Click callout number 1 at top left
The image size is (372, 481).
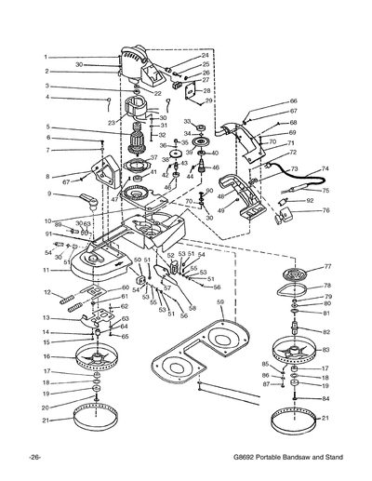tap(45, 58)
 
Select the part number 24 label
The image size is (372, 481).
tap(206, 55)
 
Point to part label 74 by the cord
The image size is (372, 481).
tap(325, 168)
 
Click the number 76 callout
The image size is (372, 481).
tap(325, 210)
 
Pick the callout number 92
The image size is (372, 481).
tap(310, 200)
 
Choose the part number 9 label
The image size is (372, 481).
tap(45, 194)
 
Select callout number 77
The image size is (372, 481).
tap(326, 266)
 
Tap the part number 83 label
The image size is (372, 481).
tap(326, 349)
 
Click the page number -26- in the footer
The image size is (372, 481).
tap(33, 459)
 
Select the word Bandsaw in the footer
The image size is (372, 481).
tap(286, 459)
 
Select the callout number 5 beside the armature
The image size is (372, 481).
tap(45, 127)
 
